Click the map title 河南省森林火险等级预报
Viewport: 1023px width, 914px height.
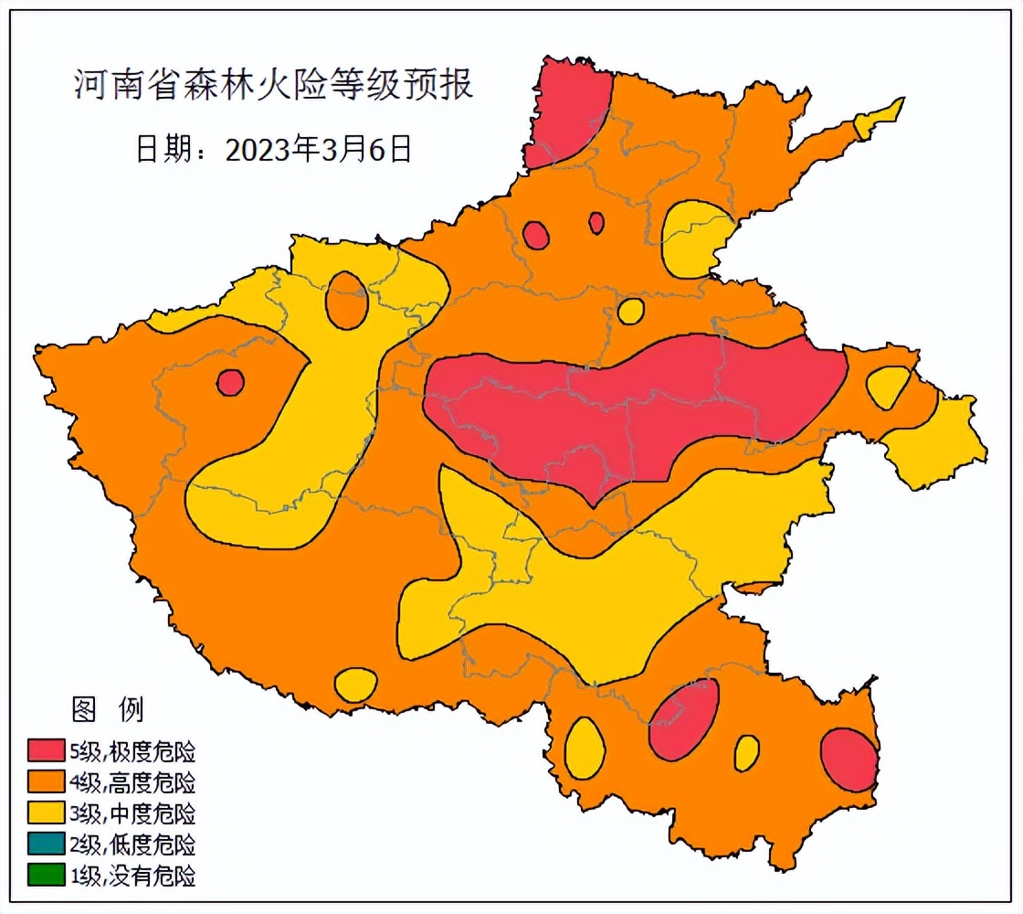272,86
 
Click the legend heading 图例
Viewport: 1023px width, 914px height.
107,708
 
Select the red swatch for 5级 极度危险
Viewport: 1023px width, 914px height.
46,751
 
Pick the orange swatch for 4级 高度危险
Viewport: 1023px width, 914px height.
46,782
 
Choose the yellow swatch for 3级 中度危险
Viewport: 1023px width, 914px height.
46,813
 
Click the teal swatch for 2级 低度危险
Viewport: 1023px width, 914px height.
46,844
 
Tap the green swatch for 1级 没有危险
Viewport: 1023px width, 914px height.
46,875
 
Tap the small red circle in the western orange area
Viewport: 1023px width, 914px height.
230,382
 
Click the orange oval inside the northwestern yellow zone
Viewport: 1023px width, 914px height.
347,300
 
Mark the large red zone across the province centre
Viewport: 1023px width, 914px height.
630,407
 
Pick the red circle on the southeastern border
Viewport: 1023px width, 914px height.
849,759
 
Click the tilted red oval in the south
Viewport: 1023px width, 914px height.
684,719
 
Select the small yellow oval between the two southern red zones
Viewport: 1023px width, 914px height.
746,752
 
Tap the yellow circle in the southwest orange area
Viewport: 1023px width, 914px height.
355,685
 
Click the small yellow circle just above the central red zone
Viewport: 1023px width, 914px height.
630,311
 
